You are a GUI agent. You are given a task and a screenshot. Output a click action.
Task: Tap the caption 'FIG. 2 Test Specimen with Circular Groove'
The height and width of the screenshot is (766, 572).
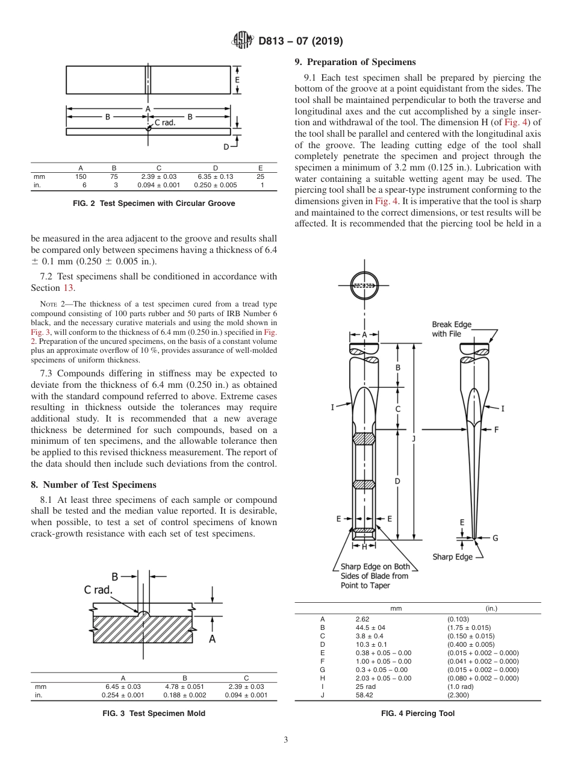[154, 204]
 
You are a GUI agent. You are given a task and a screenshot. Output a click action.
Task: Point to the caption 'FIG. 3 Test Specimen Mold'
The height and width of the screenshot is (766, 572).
[154, 713]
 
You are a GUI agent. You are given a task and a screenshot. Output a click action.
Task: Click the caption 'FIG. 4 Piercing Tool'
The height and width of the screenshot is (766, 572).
[417, 713]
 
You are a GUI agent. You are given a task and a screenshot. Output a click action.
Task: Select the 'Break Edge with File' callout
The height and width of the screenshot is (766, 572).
[452, 329]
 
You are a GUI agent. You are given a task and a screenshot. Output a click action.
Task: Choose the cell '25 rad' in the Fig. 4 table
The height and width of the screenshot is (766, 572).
[365, 686]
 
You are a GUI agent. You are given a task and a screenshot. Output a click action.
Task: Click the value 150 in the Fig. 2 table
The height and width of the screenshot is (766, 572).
[81, 176]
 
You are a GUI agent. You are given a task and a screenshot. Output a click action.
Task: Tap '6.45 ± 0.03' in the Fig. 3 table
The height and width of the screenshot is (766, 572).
[123, 686]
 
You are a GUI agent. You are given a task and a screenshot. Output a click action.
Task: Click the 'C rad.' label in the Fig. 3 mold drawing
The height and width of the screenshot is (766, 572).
[98, 590]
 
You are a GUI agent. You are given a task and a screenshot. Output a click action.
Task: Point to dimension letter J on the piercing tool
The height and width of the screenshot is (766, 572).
[413, 438]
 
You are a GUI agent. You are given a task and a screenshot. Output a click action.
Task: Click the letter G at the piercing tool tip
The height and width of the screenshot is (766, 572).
[495, 538]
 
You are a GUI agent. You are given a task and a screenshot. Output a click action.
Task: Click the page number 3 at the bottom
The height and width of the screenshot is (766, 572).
[285, 740]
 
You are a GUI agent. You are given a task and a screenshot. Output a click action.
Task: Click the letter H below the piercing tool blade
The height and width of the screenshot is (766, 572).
[364, 547]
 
